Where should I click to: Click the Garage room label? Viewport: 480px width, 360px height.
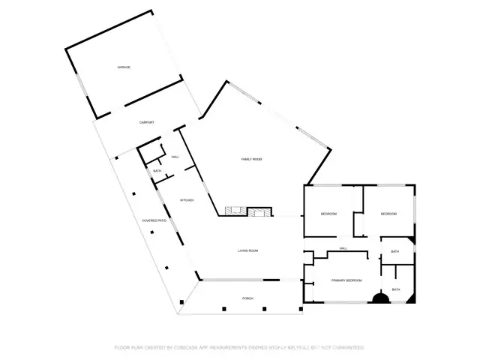tap(124, 67)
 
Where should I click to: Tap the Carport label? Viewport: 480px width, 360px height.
tap(147, 122)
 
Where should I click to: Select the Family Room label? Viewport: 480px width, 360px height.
tap(251, 159)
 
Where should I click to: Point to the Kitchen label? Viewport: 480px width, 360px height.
tap(187, 200)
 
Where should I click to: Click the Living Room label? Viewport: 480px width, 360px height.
tap(248, 250)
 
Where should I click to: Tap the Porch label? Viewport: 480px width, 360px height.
tap(247, 298)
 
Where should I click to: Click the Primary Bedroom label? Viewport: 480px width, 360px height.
tap(347, 280)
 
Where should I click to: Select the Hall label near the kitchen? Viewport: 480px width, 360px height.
tap(175, 157)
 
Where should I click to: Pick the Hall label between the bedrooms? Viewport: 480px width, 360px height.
tap(343, 248)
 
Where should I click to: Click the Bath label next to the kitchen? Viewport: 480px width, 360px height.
tap(157, 172)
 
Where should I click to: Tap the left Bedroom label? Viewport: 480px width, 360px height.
tap(329, 214)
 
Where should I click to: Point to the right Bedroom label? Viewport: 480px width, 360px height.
tap(388, 214)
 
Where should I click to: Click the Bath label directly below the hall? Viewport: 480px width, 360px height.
tap(394, 251)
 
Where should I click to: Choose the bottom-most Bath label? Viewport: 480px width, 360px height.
tap(396, 289)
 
